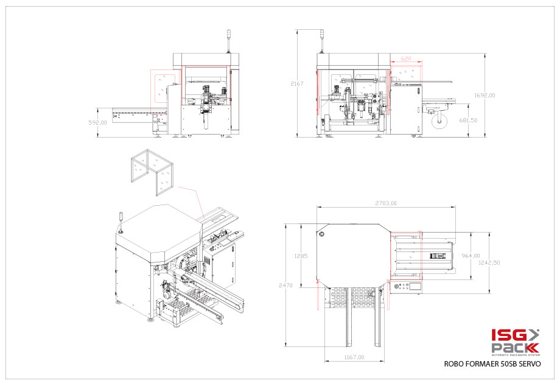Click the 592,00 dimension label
point(98,122)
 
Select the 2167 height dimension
point(296,83)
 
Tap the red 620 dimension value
point(406,59)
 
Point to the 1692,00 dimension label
point(485,95)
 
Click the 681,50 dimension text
point(468,120)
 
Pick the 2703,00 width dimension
point(385,203)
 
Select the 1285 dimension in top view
point(301,256)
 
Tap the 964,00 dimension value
point(471,256)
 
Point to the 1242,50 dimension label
point(489,263)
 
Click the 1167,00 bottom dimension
point(354,357)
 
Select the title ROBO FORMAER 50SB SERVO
point(492,363)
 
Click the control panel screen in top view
point(415,284)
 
